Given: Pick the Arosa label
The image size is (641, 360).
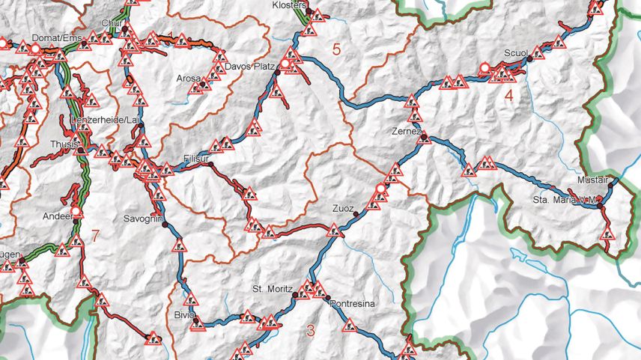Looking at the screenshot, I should [189, 78].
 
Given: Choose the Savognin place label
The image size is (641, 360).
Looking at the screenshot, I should [142, 219].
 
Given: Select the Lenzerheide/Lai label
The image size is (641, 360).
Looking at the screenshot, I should [105, 120].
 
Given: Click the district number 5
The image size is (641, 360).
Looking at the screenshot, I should [336, 50].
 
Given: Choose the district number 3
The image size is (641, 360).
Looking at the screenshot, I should [311, 329].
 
